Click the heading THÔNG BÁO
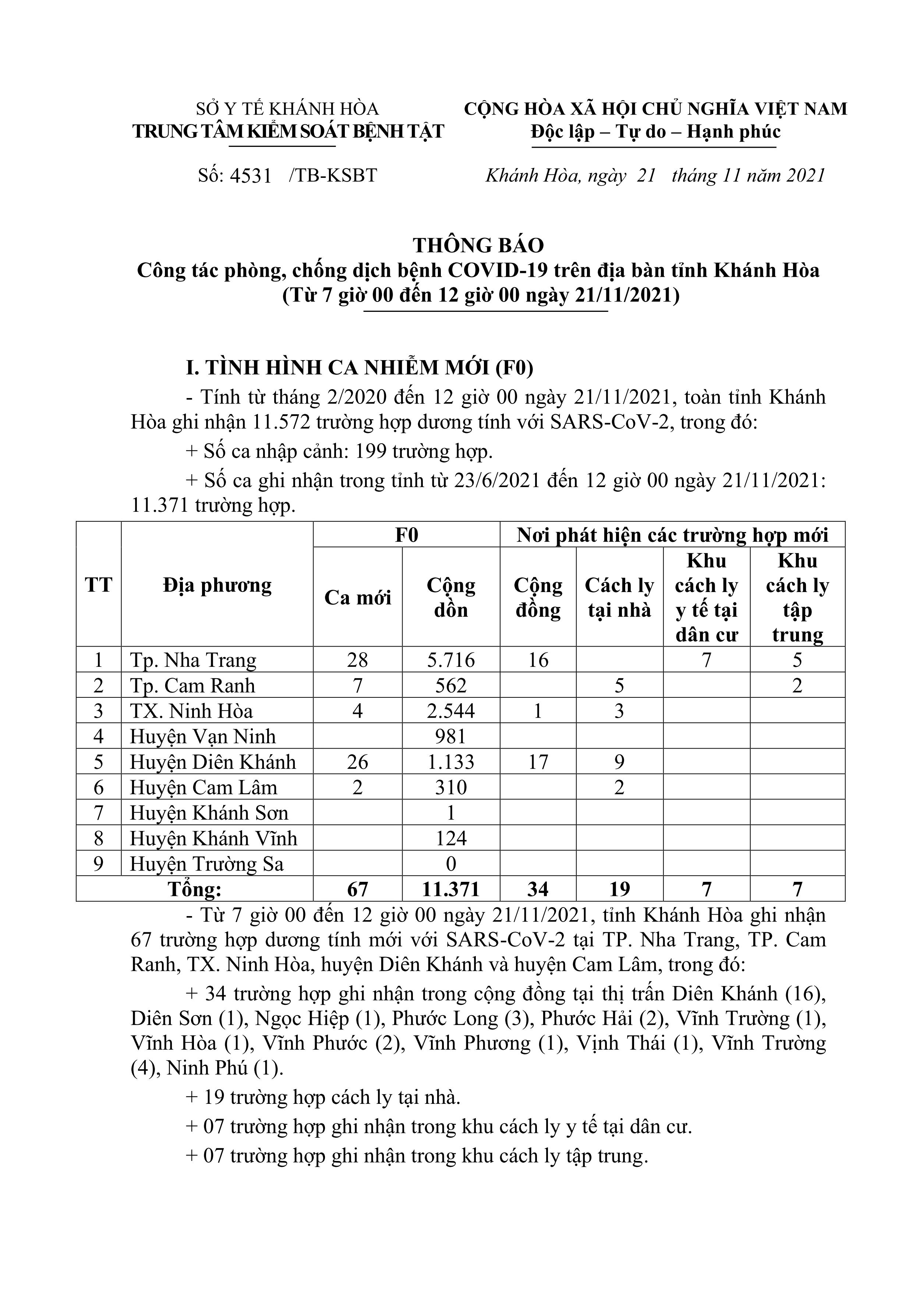pos(478,245)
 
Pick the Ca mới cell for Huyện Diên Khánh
pos(357,762)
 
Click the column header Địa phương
pos(217,585)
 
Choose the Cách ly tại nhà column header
pos(619,598)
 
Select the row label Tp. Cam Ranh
pos(192,685)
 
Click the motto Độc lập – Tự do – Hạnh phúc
pos(655,132)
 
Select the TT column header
pos(99,585)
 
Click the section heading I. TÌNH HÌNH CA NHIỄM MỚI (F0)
pos(360,367)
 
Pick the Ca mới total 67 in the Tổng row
pos(357,889)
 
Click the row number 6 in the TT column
pos(99,787)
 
